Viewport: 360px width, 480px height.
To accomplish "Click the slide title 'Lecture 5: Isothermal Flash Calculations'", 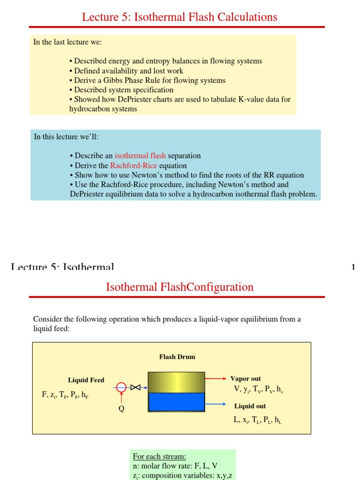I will (180, 17).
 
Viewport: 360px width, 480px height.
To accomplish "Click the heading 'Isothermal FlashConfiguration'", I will (180, 287).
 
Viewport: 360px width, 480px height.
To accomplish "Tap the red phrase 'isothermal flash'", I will (140, 156).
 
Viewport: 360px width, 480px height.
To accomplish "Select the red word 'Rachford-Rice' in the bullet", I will (134, 165).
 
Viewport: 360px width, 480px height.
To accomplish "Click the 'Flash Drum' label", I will (177, 357).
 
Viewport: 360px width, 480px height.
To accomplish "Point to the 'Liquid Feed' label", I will (86, 380).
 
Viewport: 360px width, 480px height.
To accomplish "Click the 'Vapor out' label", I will (246, 379).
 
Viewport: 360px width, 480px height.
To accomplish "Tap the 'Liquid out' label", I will (250, 406).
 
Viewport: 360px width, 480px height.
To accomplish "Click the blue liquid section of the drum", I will (176, 403).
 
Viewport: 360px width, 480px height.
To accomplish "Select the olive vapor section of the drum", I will (176, 382).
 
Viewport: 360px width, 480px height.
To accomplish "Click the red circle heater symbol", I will (121, 387).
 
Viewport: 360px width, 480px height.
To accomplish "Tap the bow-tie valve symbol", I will (136, 387).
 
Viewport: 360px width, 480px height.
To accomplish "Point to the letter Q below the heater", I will (121, 408).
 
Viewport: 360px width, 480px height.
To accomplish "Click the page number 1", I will (353, 268).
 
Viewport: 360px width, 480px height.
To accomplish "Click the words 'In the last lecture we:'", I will (67, 42).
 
